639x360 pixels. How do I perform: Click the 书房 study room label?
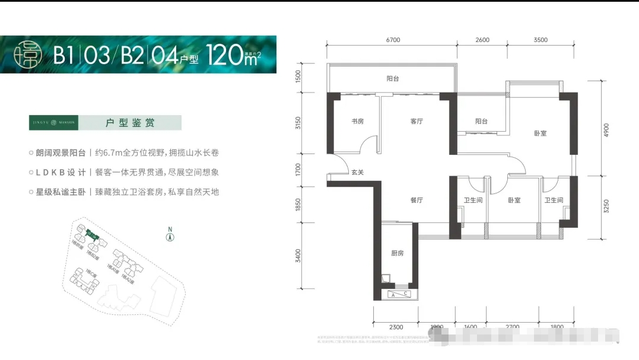(357, 122)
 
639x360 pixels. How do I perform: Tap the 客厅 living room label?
(417, 122)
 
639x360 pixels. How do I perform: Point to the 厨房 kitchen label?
(397, 253)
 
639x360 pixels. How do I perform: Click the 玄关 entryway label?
(357, 173)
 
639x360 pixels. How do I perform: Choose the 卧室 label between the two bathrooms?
(514, 200)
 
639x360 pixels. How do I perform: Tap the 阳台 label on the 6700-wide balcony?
(392, 78)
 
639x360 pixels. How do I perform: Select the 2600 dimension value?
(482, 40)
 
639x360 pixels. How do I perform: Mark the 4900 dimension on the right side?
(607, 129)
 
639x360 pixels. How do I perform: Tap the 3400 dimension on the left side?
(299, 256)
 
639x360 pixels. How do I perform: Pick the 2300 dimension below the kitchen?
(396, 327)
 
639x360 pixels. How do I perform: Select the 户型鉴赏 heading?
(129, 123)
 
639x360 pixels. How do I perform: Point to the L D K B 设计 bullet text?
(61, 173)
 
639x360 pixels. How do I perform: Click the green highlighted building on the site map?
(92, 234)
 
